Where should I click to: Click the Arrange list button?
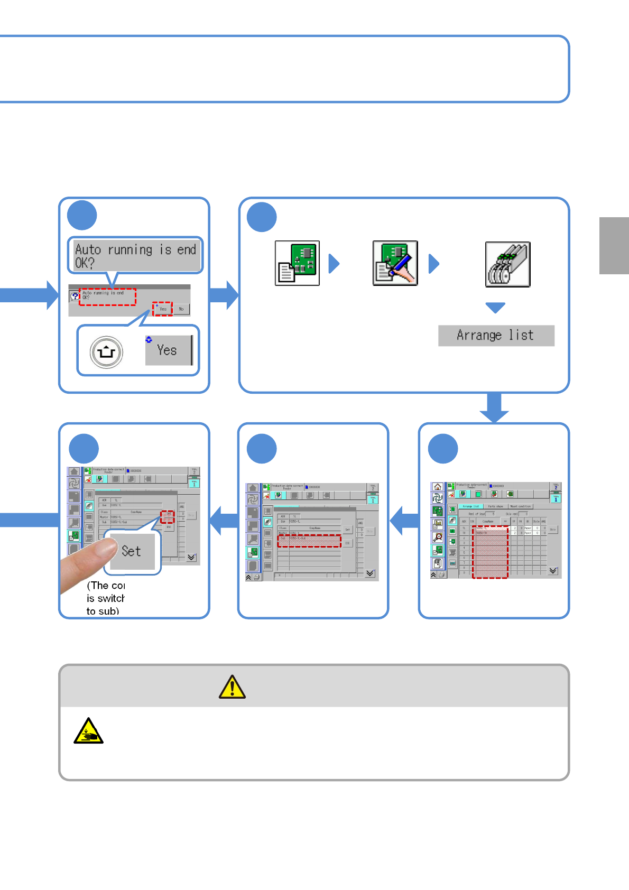click(x=496, y=336)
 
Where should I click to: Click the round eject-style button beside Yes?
click(x=106, y=352)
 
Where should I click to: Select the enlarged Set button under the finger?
click(x=132, y=551)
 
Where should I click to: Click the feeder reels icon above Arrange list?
click(x=507, y=264)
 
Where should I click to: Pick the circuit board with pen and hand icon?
click(x=395, y=263)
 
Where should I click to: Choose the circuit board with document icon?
click(x=297, y=263)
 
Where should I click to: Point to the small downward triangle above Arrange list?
click(x=495, y=308)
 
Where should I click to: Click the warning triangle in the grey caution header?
click(x=232, y=687)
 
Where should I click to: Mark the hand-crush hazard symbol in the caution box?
click(x=88, y=731)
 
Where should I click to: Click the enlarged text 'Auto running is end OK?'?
click(x=135, y=256)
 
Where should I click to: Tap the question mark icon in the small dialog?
click(x=75, y=296)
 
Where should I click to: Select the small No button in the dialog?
click(x=181, y=309)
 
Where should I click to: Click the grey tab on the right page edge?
click(x=614, y=246)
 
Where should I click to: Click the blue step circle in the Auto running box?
click(x=82, y=216)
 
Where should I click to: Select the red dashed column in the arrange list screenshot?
click(x=490, y=552)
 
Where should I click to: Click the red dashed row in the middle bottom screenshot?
click(x=309, y=541)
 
